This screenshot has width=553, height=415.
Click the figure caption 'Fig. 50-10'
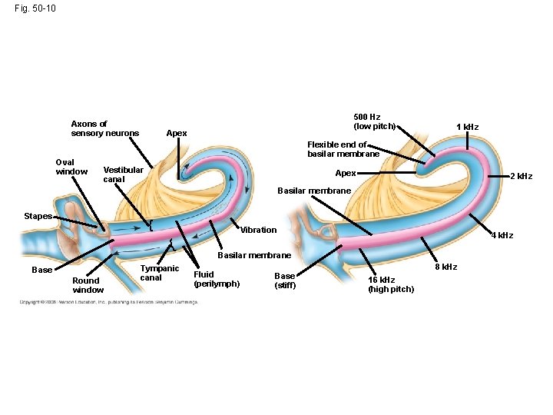coord(34,9)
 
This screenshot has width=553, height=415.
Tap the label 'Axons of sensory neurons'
coord(104,128)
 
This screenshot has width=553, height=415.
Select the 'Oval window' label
coord(71,166)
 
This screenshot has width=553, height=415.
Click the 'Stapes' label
coord(37,217)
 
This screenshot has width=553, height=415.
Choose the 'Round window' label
coord(88,285)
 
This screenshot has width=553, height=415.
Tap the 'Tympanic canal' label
coord(159,273)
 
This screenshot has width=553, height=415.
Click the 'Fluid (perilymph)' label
coord(217,279)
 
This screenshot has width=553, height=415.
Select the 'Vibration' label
coord(258,230)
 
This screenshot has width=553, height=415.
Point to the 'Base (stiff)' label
coord(285,281)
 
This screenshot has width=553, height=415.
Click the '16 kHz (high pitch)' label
coord(390,284)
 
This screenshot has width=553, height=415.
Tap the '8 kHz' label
coord(446,267)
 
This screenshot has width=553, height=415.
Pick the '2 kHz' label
coord(521,177)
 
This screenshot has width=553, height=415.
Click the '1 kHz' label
coord(467,127)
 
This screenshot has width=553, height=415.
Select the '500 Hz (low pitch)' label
coord(374,121)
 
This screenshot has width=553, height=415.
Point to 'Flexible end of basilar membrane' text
coord(343,149)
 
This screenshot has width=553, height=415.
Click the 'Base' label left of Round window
coord(42,270)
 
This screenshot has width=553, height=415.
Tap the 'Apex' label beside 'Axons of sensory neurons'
coord(177,133)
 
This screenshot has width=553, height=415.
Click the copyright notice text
coord(108,302)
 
